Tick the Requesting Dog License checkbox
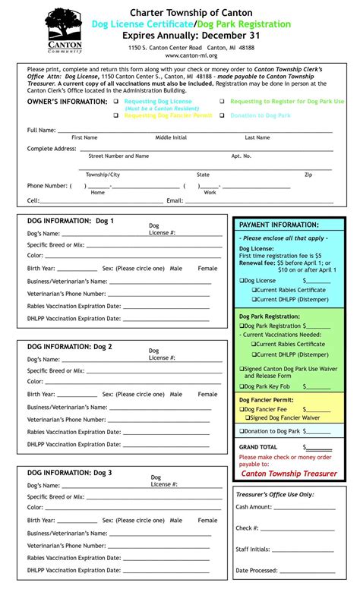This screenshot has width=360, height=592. tap(116, 101)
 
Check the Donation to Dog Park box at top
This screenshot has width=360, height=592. tap(223, 116)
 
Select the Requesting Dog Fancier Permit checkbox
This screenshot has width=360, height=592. tap(116, 116)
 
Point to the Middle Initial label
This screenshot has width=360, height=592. tap(171, 137)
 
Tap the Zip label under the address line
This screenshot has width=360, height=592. tap(308, 175)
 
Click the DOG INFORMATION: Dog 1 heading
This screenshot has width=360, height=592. tap(70, 221)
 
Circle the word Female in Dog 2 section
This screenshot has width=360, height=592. tap(207, 394)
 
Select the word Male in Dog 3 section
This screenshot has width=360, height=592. tap(176, 520)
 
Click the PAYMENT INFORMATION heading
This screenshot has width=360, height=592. tap(279, 225)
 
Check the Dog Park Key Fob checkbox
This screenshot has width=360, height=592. tap(242, 386)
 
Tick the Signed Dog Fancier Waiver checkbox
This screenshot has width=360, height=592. tap(247, 417)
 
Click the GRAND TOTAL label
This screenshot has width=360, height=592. tap(258, 447)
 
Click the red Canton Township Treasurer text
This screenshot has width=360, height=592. tap(289, 473)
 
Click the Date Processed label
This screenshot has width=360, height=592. tap(256, 570)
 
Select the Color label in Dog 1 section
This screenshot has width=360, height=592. tap(35, 256)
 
